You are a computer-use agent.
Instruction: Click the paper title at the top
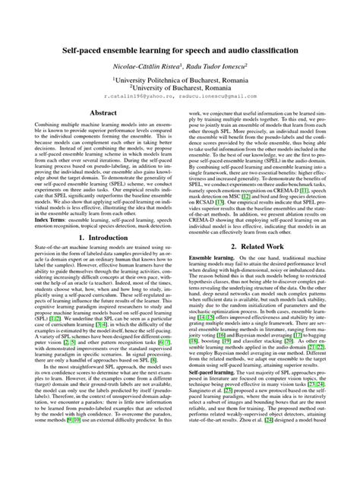click(180, 47)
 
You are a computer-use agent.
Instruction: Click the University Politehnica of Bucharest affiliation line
click(181, 79)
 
